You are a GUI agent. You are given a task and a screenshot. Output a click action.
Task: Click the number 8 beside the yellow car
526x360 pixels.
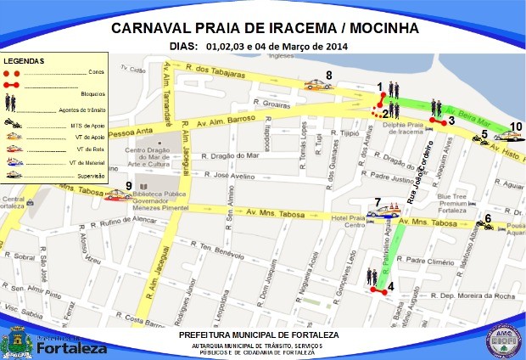[x=328, y=76]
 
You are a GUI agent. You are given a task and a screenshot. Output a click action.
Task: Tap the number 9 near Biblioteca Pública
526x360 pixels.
[x=129, y=186]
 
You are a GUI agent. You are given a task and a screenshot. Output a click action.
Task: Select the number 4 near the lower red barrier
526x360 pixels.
[x=390, y=285]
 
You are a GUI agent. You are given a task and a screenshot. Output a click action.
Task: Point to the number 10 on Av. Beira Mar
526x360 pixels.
[x=516, y=127]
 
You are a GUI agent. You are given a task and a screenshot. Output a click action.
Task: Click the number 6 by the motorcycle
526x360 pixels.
[x=488, y=217]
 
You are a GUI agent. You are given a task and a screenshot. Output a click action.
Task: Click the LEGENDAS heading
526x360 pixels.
[x=23, y=63]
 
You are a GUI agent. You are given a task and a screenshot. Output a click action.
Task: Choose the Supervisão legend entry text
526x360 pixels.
[x=88, y=176]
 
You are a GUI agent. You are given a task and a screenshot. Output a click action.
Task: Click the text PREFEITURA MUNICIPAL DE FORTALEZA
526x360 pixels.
[x=259, y=335]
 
